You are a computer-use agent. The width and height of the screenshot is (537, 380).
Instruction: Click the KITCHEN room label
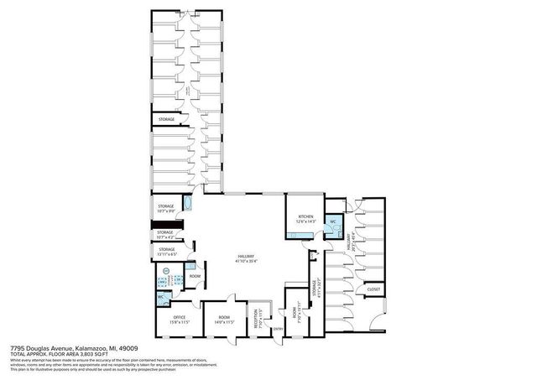coord(305,216)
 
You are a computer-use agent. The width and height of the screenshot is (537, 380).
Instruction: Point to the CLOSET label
coord(373,289)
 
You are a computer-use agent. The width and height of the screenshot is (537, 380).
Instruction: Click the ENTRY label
coord(278,329)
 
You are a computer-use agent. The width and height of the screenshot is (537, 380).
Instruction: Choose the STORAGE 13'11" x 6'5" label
coord(167,249)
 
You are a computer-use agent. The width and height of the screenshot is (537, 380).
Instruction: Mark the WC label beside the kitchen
coord(333,222)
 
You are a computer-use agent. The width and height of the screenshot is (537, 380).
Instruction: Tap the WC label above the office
coord(159,297)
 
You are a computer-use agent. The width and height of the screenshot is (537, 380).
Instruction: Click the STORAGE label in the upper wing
coord(167,120)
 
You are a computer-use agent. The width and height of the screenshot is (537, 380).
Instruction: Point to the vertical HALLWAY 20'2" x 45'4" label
coord(346,243)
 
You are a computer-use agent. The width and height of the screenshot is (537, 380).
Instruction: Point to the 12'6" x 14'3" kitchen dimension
coord(305,221)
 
